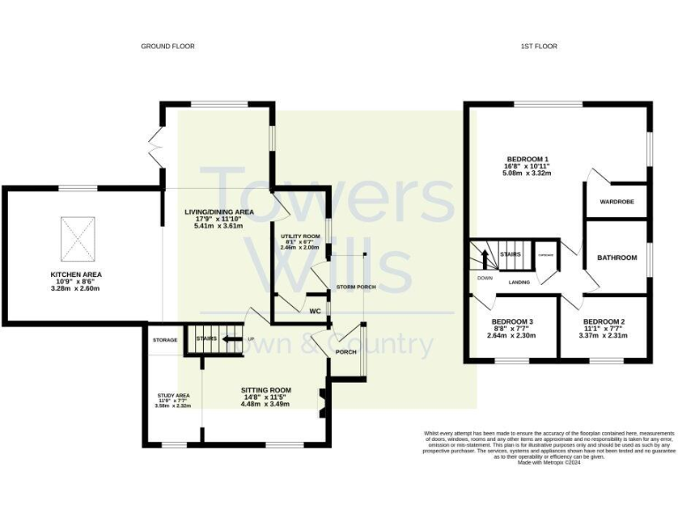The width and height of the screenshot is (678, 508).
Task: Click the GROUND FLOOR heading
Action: point(168,46)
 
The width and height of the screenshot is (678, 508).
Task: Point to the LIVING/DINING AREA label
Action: point(219,213)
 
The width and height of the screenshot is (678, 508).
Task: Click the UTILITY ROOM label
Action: point(300,237)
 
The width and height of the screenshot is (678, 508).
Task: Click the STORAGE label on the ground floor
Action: point(164,340)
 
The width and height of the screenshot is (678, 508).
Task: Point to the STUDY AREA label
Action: point(173,396)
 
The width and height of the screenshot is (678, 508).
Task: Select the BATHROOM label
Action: point(617,258)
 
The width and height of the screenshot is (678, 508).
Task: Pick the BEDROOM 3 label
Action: point(512,322)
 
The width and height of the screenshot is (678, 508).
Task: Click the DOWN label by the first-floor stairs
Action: point(484,278)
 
